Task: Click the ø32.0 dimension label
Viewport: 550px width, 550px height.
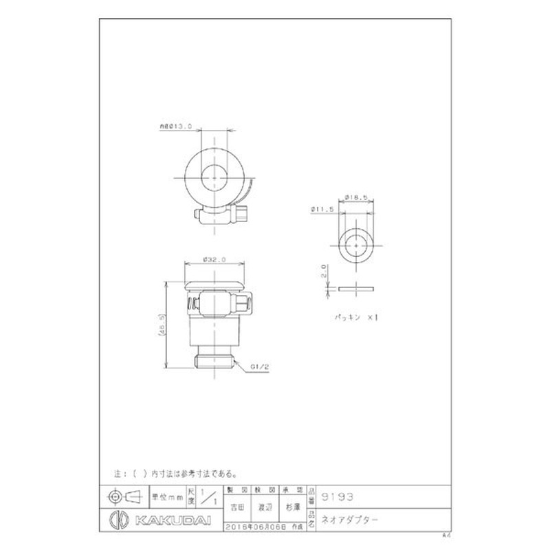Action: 214,260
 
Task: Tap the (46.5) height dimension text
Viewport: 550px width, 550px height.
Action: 163,323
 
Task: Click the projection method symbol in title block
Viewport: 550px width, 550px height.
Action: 121,495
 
